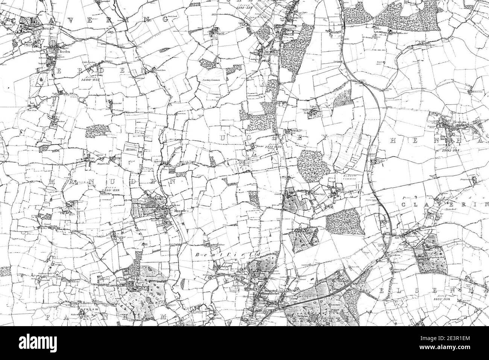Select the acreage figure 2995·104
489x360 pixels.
(x=451, y=150)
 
